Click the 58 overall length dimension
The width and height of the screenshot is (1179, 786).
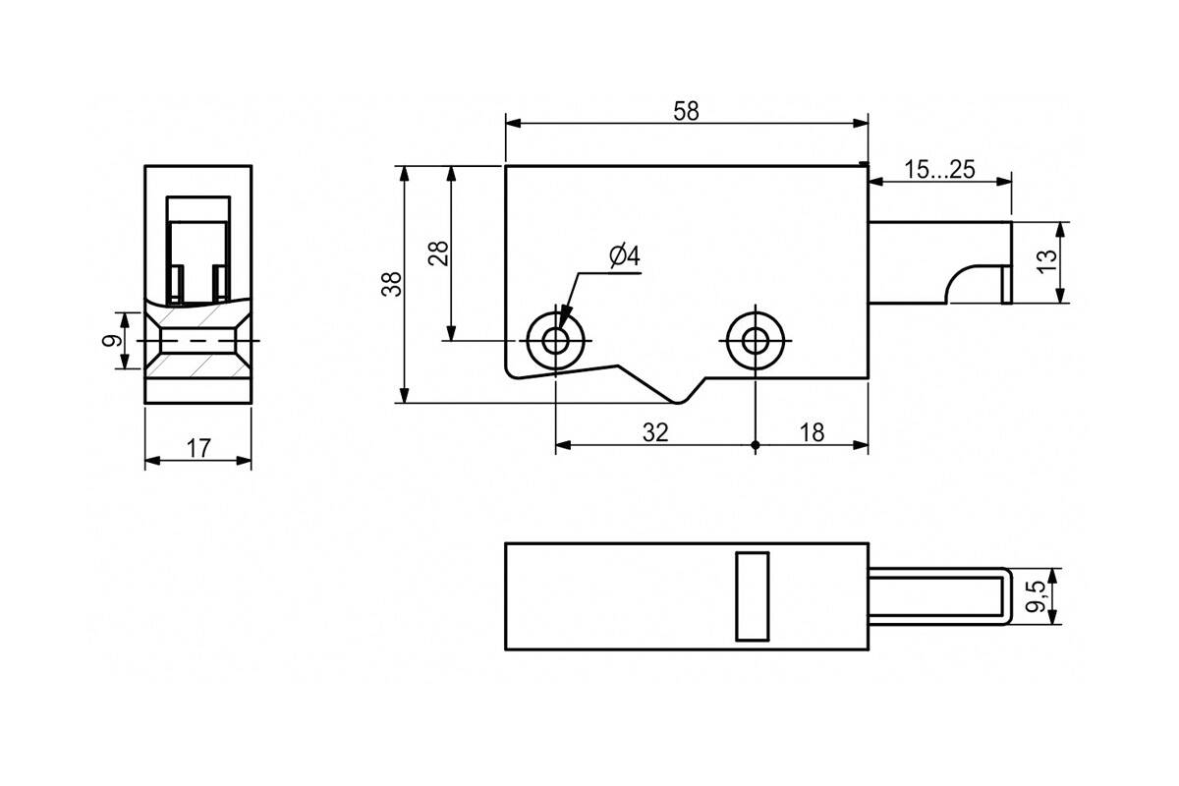686,111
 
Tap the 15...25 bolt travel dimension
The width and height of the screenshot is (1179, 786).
939,170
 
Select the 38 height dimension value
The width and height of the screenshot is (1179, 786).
391,284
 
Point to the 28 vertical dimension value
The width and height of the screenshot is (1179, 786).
438,253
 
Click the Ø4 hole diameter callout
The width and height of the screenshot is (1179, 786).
625,256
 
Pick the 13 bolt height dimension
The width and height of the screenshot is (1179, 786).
1047,261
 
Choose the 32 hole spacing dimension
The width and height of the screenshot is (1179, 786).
655,432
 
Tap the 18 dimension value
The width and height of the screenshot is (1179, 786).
812,432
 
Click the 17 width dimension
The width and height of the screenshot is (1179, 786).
198,449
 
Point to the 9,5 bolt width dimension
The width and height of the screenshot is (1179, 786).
1036,596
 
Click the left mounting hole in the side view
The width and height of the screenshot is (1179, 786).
555,341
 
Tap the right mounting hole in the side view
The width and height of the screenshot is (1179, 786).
756,341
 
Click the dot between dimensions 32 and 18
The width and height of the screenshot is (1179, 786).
756,445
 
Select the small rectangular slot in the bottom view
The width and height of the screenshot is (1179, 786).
753,596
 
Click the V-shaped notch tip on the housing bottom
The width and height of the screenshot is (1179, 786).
679,403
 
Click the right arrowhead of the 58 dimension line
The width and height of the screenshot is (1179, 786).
861,123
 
